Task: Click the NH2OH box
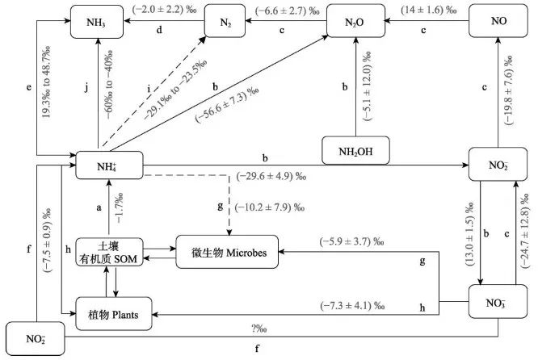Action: coord(356,149)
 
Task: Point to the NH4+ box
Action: coord(109,167)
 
